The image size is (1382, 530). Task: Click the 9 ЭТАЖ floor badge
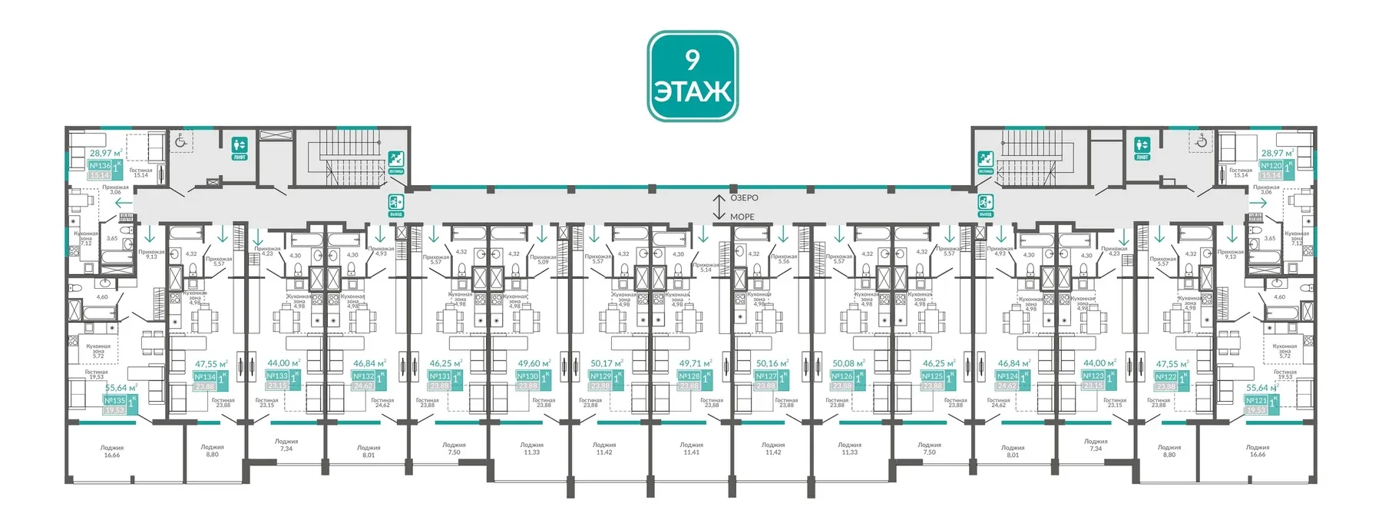pos(692,76)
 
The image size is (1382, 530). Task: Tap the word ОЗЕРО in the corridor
pos(743,198)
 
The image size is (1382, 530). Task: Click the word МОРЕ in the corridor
pos(742,217)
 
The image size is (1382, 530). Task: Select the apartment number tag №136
pos(100,165)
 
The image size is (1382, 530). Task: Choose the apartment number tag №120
pos(1271,165)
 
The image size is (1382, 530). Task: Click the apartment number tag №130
pos(527,376)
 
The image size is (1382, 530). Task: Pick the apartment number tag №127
pos(765,376)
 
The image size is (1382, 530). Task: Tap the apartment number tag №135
pos(114,400)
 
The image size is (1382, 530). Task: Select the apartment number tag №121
pos(1256,400)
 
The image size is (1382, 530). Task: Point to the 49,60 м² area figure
pos(534,363)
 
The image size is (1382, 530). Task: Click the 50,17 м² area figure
pos(607,363)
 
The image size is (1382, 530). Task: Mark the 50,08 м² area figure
pos(848,363)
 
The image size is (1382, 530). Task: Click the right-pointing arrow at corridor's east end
pos(1258,202)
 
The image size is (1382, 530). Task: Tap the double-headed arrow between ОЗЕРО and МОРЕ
pos(719,207)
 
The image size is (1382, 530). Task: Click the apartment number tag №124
pos(1007,376)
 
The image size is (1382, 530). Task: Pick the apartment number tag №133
pos(277,376)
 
